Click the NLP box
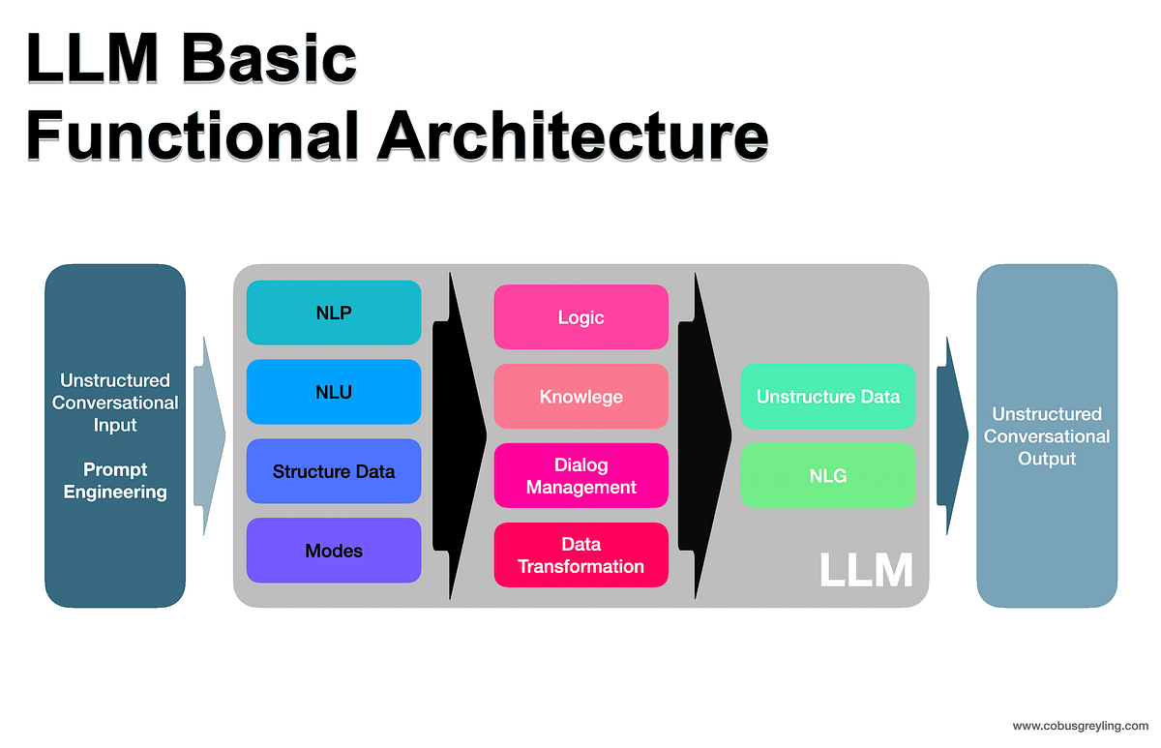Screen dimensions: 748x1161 [334, 313]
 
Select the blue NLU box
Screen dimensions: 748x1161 [334, 392]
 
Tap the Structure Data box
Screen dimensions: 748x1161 [334, 471]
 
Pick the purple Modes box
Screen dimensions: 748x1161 [334, 551]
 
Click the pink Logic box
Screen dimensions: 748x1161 [580, 317]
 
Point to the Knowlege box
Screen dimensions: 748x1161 [580, 397]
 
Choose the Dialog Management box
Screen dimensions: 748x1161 [580, 476]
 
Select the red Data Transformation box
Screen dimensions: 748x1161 [580, 555]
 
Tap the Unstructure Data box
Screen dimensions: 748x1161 [828, 397]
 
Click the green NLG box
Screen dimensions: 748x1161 [828, 475]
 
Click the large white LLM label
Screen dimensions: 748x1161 [866, 570]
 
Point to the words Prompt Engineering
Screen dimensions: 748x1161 [115, 481]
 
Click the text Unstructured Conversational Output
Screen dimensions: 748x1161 [1047, 435]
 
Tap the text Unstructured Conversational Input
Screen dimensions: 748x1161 [115, 403]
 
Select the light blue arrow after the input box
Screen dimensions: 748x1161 [209, 435]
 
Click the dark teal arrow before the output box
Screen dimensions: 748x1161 [953, 435]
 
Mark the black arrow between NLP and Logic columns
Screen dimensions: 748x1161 [459, 435]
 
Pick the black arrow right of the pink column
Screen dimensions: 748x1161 [704, 435]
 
